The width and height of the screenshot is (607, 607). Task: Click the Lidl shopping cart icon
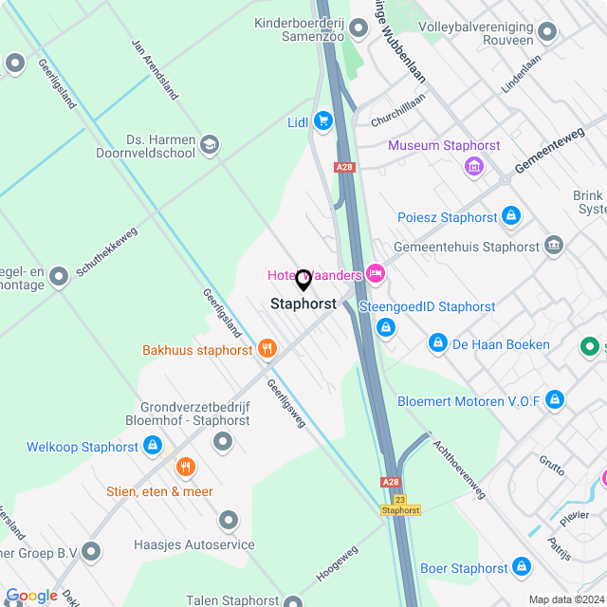pos(323,120)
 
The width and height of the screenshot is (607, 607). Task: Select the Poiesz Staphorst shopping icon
pos(511,216)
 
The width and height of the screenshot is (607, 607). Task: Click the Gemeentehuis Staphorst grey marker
pos(554,246)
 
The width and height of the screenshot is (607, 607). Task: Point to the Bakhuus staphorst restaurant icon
pos(267,349)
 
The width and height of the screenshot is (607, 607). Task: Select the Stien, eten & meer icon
pos(185,467)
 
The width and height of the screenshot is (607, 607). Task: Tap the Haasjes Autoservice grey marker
pos(228,520)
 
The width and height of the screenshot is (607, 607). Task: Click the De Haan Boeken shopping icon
pos(438,343)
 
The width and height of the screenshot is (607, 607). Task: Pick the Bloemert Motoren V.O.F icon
pos(555,400)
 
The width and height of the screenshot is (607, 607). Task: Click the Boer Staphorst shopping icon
pos(521,567)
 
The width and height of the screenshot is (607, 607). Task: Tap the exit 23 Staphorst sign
pos(399,504)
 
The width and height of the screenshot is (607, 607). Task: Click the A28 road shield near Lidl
pos(343,167)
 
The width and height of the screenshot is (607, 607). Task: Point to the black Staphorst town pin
pos(303,281)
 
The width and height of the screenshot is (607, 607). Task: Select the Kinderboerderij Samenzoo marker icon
pos(357,28)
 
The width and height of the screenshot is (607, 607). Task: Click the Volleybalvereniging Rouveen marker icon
pos(546,34)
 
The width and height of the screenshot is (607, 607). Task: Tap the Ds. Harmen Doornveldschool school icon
pos(210,145)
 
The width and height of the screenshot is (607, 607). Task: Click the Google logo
pos(31,596)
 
